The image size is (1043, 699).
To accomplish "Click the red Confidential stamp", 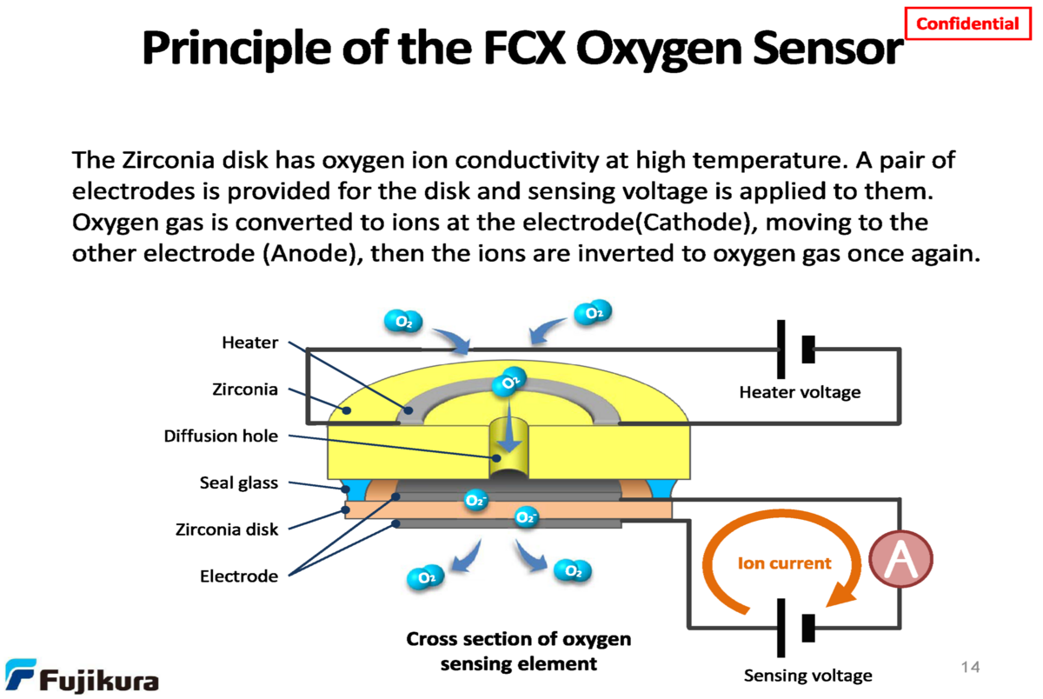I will (967, 23).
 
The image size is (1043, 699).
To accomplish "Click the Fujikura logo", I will (82, 676).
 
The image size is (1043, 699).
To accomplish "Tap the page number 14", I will (970, 667).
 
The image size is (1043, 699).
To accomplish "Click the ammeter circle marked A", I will (901, 556).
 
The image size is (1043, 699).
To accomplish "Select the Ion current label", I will (784, 563).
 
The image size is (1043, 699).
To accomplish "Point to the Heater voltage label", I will (800, 392).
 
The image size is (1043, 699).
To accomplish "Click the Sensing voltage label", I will (807, 676).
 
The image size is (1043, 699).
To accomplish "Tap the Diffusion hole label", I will (221, 436).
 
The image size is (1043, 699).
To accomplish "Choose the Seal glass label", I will (239, 483).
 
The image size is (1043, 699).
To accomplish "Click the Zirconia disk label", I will (227, 529).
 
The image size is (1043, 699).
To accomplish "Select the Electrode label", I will (240, 576).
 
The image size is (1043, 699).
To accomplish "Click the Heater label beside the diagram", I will (250, 343).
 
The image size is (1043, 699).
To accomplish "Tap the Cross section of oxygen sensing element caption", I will (519, 651).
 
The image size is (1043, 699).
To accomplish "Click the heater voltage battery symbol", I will (794, 349).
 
